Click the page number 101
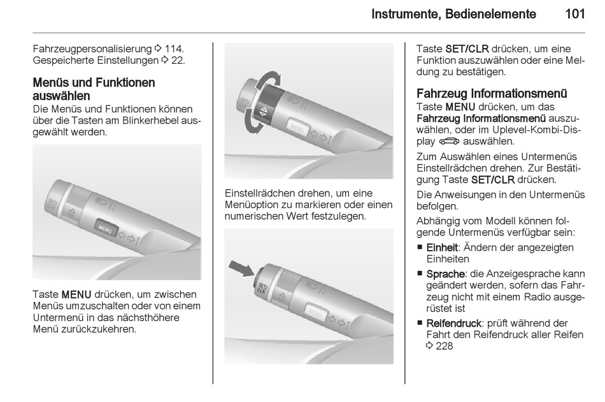point(575,14)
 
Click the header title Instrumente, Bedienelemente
point(453,14)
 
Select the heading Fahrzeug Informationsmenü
point(492,94)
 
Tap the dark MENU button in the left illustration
point(105,228)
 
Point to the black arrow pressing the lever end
point(241,267)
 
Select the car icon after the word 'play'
point(449,142)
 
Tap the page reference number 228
point(444,346)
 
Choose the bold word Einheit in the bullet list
point(442,248)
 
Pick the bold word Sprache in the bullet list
point(445,274)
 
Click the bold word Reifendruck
point(453,323)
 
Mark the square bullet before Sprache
point(420,274)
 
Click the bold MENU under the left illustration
point(76,295)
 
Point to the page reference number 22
point(177,60)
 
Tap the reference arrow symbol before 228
point(429,346)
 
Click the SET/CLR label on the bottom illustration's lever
point(262,288)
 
